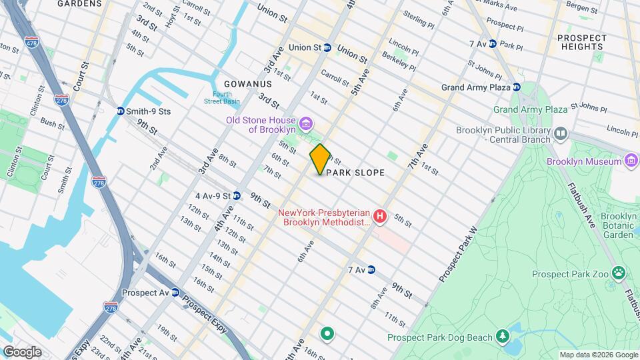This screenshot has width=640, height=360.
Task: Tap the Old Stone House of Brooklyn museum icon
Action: pyautogui.click(x=306, y=124)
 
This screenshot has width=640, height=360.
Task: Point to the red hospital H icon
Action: pyautogui.click(x=380, y=217)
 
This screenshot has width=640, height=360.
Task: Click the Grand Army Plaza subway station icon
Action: pyautogui.click(x=516, y=87)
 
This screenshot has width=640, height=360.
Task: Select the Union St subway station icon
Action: pyautogui.click(x=327, y=48)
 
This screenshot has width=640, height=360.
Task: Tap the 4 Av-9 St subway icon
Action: pyautogui.click(x=236, y=196)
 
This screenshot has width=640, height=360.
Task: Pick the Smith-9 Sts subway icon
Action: pyautogui.click(x=120, y=112)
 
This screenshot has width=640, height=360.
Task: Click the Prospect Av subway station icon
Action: pyautogui.click(x=175, y=293)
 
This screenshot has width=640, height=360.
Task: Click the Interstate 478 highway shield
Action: pyautogui.click(x=31, y=43)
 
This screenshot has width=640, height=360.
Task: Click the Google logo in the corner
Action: pyautogui.click(x=22, y=352)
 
